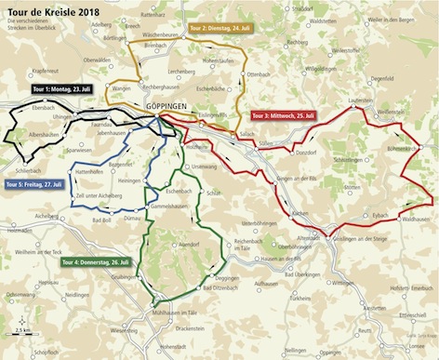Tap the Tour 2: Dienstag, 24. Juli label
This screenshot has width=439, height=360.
point(220,28)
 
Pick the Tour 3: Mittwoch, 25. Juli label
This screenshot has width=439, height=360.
point(285,115)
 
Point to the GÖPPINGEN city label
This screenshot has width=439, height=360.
point(169,107)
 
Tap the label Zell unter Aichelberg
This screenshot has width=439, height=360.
point(100,197)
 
